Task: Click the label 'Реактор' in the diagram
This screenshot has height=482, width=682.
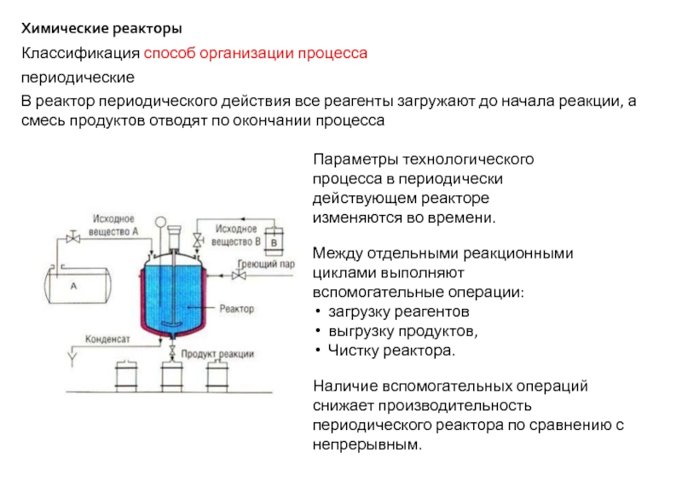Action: [x=236, y=307]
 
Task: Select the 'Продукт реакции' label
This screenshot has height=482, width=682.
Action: [x=217, y=354]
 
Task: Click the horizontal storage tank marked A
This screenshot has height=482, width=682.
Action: [x=74, y=287]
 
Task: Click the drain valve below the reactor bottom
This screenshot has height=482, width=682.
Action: [x=173, y=351]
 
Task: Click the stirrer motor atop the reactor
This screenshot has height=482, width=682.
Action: [x=174, y=233]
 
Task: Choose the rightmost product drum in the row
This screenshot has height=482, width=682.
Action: [x=217, y=379]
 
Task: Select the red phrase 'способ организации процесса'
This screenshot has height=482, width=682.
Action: [x=255, y=54]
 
